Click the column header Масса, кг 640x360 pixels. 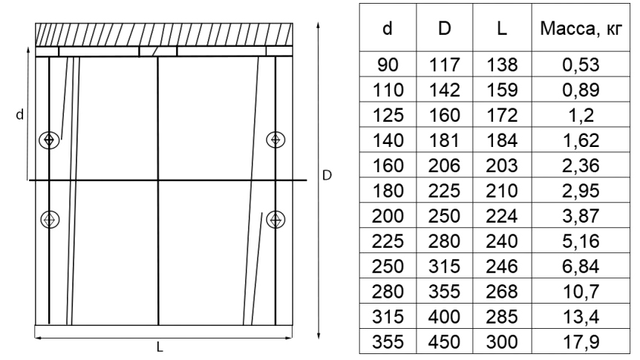tap(581, 28)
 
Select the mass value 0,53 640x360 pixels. tap(581, 65)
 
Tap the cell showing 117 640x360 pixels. tap(445, 65)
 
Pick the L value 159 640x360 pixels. tap(502, 90)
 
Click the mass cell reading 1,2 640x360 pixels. tap(581, 115)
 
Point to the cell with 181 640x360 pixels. tap(445, 140)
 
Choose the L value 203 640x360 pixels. tap(502, 166)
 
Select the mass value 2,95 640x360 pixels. tap(581, 191)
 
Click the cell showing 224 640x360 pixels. tap(502, 216)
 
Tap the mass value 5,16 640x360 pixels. tap(581, 241)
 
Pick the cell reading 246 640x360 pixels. tap(502, 266)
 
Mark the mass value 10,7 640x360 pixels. tap(581, 292)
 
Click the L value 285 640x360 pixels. tap(502, 317)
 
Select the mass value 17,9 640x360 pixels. tap(581, 342)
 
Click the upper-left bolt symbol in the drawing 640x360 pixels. tap(49, 140)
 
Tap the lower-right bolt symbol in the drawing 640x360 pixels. tap(275, 220)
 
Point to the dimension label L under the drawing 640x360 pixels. tap(160, 347)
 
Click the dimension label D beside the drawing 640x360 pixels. tap(327, 175)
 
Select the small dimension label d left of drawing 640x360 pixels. tap(19, 115)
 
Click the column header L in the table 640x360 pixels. tap(502, 28)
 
